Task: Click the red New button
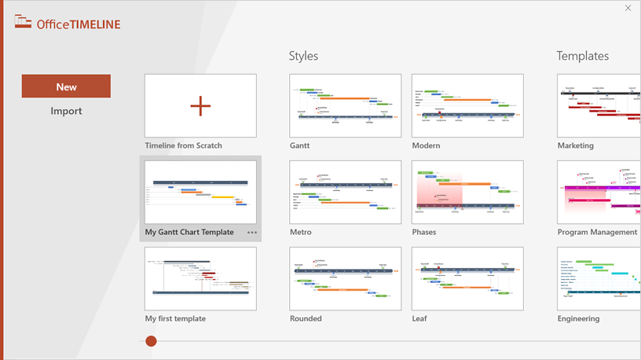coord(66,86)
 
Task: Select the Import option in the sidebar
coord(66,111)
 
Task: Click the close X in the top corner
coord(628,8)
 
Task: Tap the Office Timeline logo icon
coord(24,23)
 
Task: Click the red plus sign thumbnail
coord(200,106)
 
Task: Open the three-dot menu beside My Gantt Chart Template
coord(251,233)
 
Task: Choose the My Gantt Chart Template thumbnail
coord(200,193)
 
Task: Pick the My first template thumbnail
coord(200,279)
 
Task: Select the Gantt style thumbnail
coord(346,106)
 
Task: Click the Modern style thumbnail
coord(467,106)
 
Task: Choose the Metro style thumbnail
coord(346,193)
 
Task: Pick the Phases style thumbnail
coord(467,193)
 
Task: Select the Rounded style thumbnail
coord(346,279)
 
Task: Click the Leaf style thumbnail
coord(467,279)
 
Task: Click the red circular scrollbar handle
coord(151,340)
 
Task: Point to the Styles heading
coord(303,56)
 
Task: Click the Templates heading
coord(582,56)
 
